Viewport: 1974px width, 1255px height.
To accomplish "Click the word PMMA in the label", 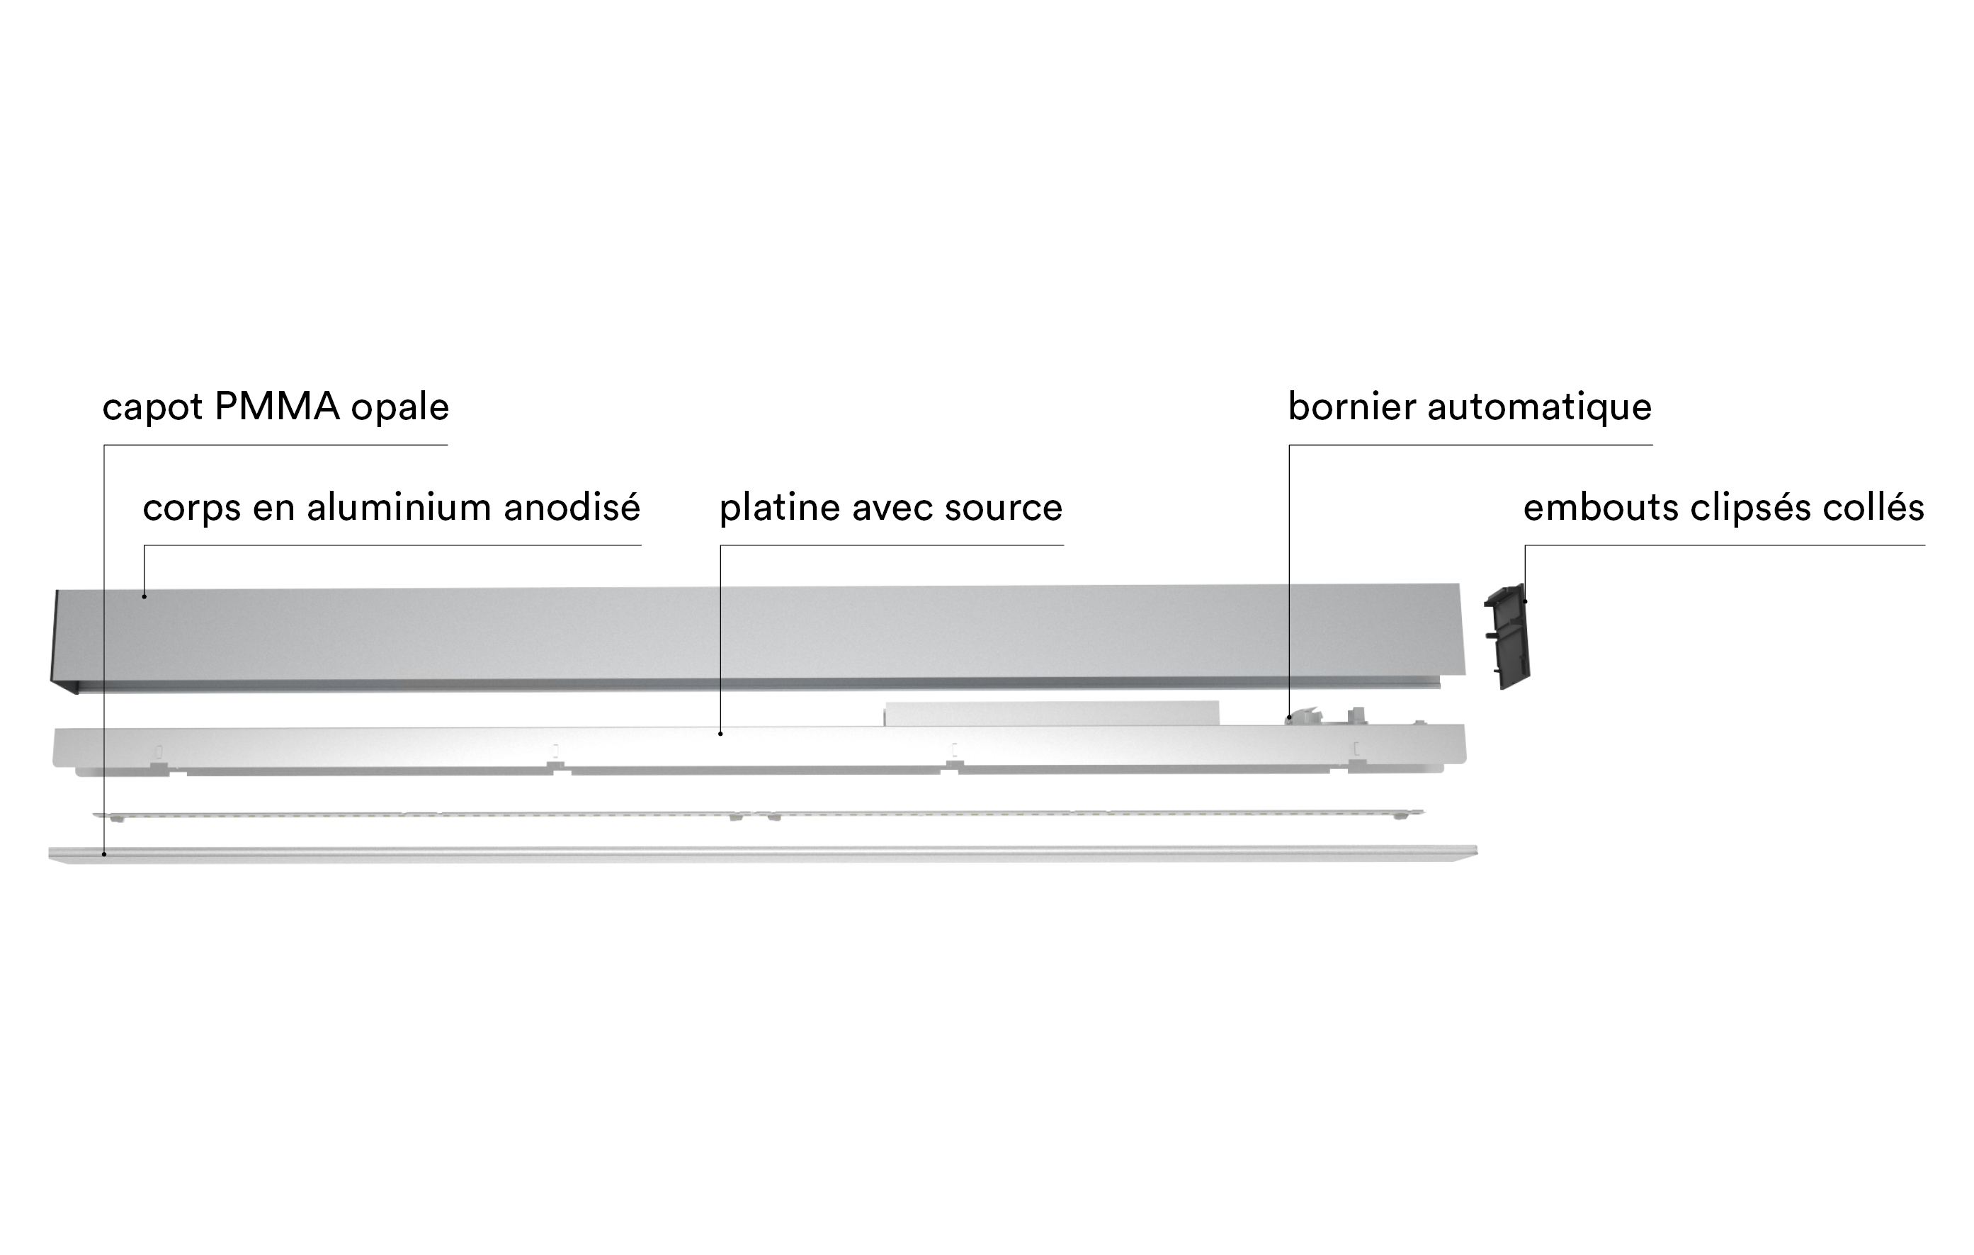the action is (277, 407).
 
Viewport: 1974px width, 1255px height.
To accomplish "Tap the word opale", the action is (400, 407).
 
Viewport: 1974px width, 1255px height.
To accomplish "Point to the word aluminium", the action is (399, 507).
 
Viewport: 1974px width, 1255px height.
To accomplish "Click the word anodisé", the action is (572, 507).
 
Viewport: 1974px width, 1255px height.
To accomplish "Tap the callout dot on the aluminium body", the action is (144, 596).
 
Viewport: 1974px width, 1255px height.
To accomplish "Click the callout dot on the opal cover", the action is (104, 854).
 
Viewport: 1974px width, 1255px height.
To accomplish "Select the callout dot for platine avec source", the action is (720, 734).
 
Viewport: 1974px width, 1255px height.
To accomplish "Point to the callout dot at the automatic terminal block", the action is (1290, 717).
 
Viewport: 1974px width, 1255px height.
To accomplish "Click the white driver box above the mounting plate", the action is (1051, 713).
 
